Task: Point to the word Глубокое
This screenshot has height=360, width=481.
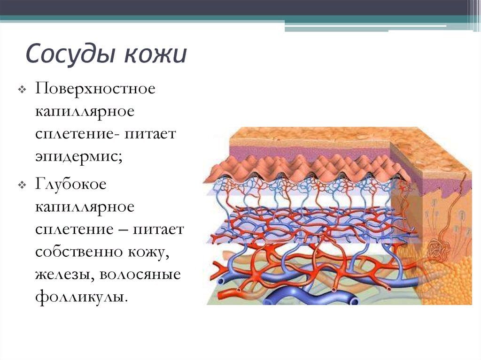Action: click(70, 184)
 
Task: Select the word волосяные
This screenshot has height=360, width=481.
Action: click(140, 275)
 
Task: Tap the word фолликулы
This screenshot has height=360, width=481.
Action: click(81, 297)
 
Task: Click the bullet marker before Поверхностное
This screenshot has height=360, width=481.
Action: click(22, 90)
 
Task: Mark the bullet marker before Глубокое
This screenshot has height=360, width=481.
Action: click(22, 185)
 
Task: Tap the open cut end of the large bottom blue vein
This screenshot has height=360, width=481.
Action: click(354, 301)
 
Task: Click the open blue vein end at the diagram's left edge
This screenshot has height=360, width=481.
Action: click(220, 281)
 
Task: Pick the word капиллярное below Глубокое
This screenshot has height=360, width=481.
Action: click(85, 207)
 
